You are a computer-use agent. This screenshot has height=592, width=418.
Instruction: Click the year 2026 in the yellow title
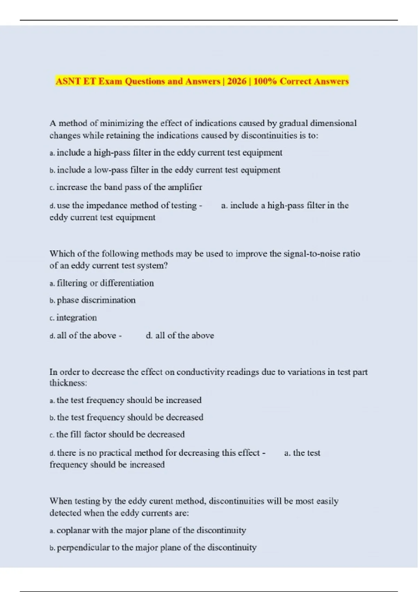click(x=237, y=81)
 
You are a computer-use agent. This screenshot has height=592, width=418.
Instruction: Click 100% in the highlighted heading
click(x=265, y=81)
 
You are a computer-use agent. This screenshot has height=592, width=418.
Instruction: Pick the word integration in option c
click(x=77, y=318)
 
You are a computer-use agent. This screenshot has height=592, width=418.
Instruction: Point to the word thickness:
click(x=68, y=383)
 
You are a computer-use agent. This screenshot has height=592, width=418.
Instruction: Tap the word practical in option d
click(x=115, y=453)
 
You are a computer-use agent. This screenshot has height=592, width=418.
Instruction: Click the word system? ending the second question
click(x=152, y=266)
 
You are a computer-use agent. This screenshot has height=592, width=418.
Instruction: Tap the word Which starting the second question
click(x=61, y=254)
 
